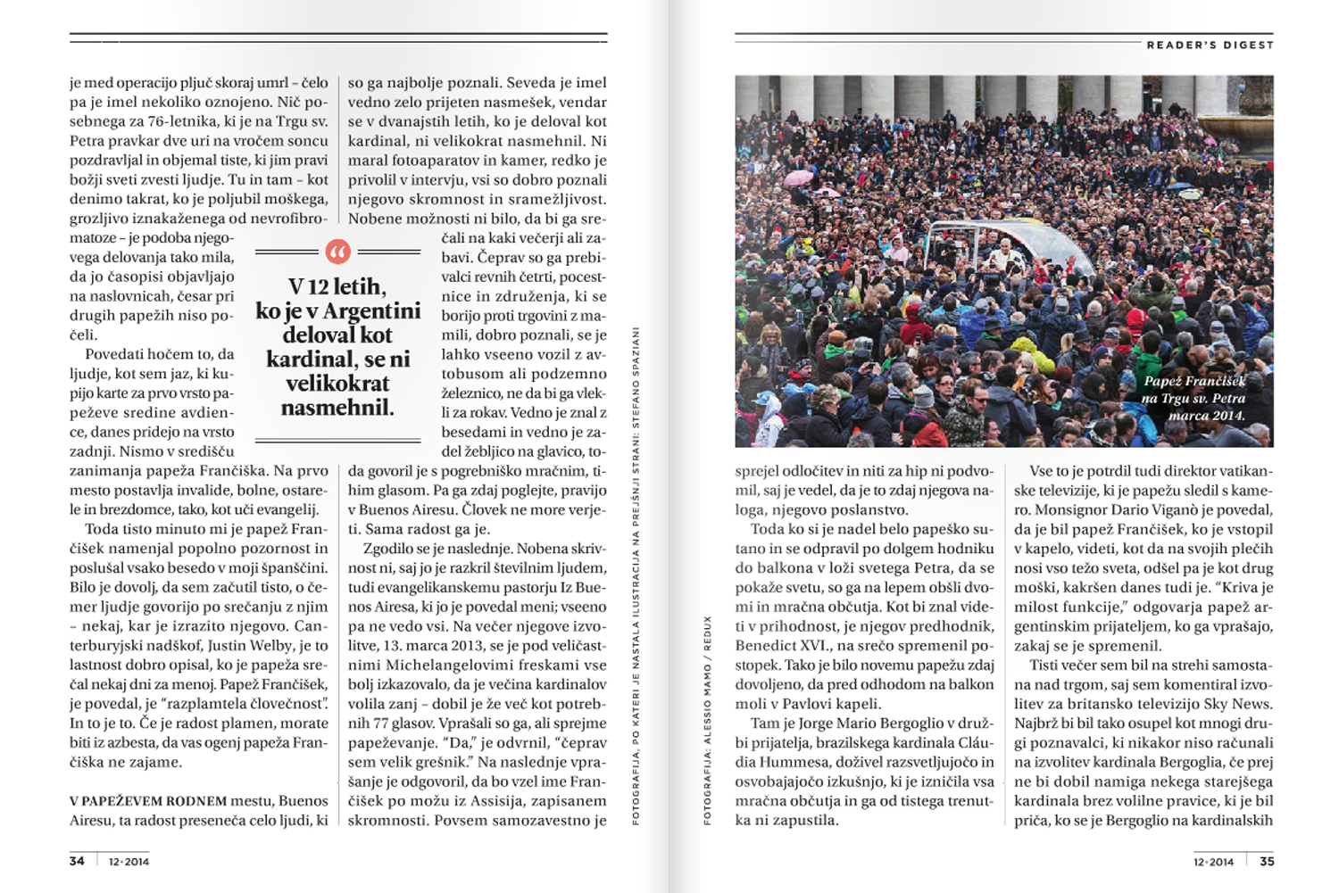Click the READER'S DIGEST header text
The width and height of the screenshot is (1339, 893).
click(1210, 45)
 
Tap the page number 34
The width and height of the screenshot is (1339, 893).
click(77, 861)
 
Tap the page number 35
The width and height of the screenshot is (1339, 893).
click(1267, 861)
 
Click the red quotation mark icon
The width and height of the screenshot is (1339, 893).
click(337, 252)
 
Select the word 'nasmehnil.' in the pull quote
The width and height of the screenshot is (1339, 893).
click(337, 408)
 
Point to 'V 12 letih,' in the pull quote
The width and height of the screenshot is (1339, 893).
click(337, 286)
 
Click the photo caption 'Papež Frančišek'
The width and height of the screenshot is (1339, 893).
click(1194, 381)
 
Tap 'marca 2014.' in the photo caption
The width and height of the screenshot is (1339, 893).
click(1206, 415)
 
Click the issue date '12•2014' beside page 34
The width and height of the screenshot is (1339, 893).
click(129, 862)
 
